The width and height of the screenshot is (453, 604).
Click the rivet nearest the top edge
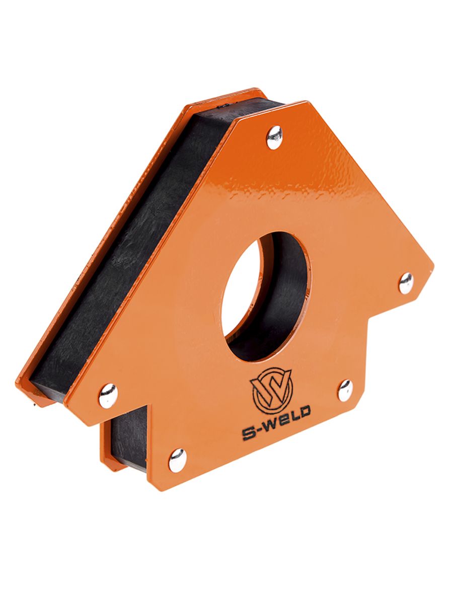coord(275,137)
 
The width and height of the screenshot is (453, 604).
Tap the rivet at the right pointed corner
coord(406,283)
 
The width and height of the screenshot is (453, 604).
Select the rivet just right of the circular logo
coord(345,391)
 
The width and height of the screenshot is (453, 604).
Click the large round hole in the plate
coord(266,296)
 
